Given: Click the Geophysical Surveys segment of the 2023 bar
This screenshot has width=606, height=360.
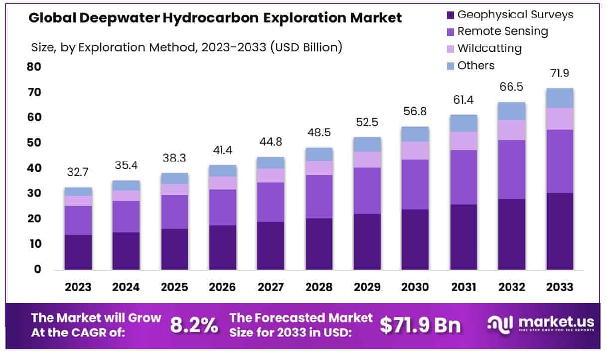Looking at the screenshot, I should (78, 252).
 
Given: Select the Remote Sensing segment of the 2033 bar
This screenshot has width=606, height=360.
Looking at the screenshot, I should (560, 161).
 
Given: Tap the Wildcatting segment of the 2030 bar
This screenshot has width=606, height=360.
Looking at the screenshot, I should (415, 150).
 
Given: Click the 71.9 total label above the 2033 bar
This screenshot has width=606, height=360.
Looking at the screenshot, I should (560, 73).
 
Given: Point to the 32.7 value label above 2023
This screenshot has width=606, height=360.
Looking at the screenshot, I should (78, 173).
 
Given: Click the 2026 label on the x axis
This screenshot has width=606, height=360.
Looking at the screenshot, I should (222, 288).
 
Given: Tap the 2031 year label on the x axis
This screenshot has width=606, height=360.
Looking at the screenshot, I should (463, 288).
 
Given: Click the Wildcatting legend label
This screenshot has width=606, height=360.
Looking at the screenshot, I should (489, 48).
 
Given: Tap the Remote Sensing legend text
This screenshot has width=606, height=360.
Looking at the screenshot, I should (502, 31).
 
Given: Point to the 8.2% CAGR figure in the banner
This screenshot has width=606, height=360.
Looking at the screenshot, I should (194, 325).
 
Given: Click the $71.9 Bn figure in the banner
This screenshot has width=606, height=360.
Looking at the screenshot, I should (420, 325).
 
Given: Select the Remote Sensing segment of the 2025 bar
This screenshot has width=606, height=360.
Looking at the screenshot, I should (174, 212).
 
